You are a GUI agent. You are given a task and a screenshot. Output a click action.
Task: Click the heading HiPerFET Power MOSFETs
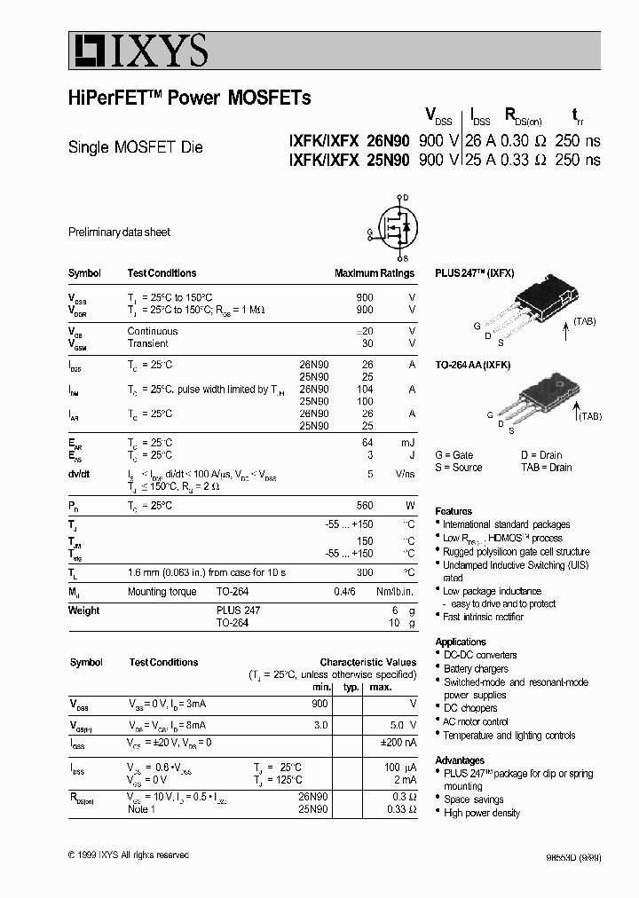(x=189, y=98)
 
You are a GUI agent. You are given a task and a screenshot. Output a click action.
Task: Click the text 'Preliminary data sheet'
(x=119, y=232)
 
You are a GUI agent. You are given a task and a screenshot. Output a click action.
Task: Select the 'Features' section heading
(x=454, y=511)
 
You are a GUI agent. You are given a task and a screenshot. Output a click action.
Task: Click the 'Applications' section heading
(x=461, y=642)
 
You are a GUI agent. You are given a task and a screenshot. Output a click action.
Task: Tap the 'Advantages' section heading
(x=460, y=760)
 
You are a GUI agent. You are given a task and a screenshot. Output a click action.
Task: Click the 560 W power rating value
(x=364, y=505)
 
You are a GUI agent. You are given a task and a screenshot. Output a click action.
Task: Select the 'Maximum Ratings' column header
(x=374, y=273)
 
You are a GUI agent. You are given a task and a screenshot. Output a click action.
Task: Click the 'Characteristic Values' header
(x=367, y=662)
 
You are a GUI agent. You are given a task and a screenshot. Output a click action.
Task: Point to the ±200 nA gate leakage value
(x=398, y=742)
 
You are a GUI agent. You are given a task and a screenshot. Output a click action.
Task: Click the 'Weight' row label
(x=83, y=610)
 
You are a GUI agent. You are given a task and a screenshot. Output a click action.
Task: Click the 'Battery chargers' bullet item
(x=476, y=669)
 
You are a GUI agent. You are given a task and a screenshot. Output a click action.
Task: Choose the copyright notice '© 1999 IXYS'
(x=128, y=855)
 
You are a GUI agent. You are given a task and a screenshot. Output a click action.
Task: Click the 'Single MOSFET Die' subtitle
(x=136, y=147)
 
